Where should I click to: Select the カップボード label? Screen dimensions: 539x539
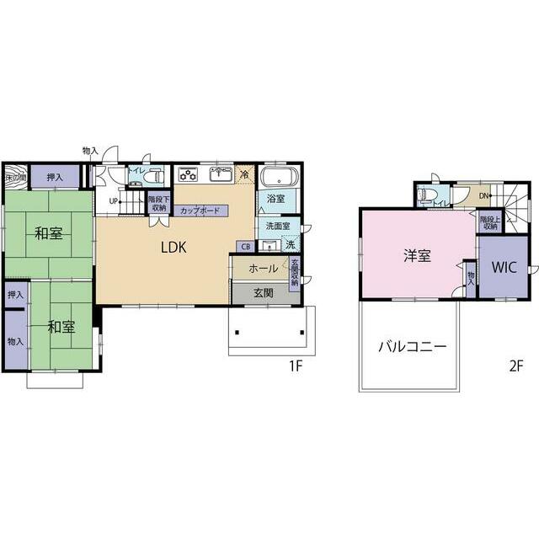click(200, 211)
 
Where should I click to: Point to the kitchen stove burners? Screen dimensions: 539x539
click(187, 175)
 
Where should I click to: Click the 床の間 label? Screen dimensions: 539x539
click(15, 178)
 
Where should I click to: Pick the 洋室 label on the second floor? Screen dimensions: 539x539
click(417, 256)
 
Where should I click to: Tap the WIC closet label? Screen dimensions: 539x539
click(504, 268)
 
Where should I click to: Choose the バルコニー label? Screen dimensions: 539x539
click(412, 345)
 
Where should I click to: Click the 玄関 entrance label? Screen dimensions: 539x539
click(263, 293)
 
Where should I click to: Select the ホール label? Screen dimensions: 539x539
click(264, 269)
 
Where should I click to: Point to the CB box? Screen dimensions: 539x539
click(244, 247)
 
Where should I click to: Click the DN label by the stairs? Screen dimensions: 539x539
click(483, 196)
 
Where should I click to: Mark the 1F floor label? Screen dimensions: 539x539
click(295, 366)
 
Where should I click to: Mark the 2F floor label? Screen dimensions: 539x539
click(516, 366)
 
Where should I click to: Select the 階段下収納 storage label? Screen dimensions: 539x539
click(157, 205)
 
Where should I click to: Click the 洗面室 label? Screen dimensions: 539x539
click(277, 226)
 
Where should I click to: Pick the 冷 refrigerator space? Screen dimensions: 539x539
click(244, 174)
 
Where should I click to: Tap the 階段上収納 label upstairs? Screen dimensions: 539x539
click(489, 222)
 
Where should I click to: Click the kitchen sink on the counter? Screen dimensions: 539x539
click(221, 175)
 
